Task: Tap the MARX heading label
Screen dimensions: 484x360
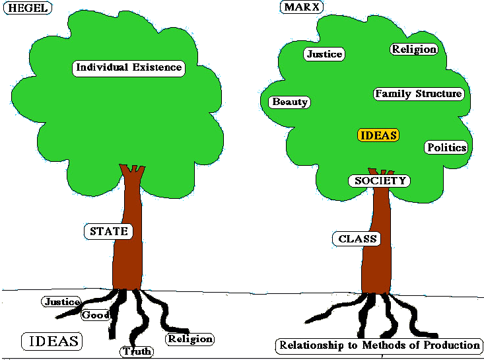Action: (301, 8)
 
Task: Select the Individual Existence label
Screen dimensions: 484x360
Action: (128, 67)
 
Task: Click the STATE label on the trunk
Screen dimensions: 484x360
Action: (108, 231)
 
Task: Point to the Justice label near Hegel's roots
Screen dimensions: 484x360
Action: (61, 302)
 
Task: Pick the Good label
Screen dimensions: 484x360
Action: (95, 315)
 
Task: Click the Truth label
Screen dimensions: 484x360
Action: (137, 351)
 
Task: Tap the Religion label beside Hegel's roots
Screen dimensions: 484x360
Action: (190, 339)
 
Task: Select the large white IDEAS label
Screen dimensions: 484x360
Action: (52, 341)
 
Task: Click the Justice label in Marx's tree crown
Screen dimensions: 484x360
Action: (325, 54)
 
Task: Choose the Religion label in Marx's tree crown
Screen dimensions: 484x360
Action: (414, 49)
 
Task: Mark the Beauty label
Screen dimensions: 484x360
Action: (290, 102)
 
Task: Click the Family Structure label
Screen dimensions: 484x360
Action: (419, 94)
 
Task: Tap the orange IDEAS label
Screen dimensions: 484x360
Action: (378, 135)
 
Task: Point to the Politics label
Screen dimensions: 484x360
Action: (446, 147)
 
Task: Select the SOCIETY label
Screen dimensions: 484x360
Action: (379, 180)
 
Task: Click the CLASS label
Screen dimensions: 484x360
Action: (357, 238)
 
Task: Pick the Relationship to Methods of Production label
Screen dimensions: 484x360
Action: (379, 345)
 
